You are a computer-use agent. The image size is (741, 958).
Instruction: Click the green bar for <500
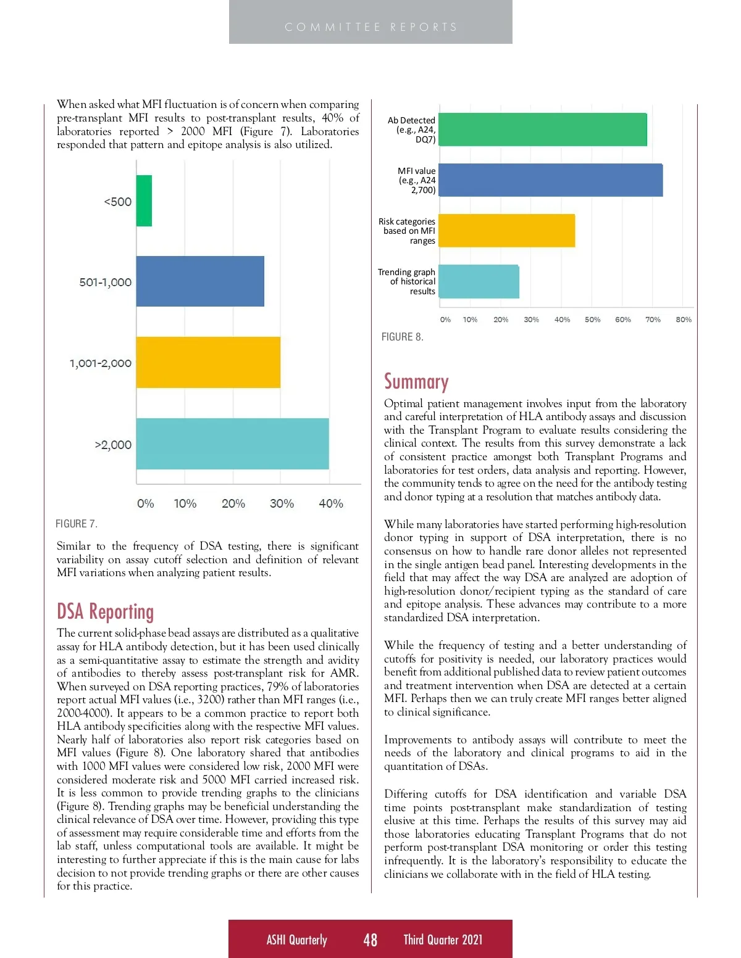pos(144,200)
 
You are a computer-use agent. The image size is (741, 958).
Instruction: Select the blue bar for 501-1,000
pos(200,281)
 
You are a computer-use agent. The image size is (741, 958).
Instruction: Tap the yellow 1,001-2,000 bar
pos(208,362)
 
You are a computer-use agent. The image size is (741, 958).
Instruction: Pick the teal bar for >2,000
pos(232,444)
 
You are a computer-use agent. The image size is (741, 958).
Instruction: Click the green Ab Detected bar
pos(543,130)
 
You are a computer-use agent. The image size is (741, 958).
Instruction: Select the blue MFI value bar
pos(551,180)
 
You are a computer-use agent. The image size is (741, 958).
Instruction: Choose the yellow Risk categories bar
pos(507,231)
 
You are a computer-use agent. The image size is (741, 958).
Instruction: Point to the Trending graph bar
pos(479,281)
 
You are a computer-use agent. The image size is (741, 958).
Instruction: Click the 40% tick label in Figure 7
pos(331,503)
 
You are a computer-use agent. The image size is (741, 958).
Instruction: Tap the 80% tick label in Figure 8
pos(684,320)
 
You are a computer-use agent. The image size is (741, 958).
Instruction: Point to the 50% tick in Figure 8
pos(592,320)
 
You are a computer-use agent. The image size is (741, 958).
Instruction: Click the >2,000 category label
pos(113,445)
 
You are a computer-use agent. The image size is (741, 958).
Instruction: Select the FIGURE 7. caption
pos(77,524)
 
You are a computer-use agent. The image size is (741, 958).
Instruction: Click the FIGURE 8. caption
pos(403,337)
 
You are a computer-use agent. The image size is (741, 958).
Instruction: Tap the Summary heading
pos(416,382)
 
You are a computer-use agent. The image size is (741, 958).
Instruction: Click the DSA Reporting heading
pos(105,611)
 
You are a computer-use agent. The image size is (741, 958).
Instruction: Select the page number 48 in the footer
pos(371,939)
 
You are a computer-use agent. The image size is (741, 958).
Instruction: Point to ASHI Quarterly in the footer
pos(296,939)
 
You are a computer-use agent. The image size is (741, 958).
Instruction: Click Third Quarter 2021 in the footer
pos(443,939)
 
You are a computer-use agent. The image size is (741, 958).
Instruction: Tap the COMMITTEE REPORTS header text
pos(371,27)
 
